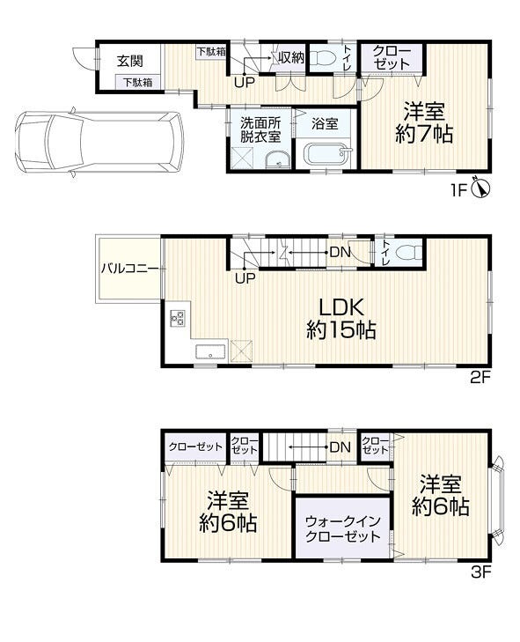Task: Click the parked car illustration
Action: click(x=99, y=142)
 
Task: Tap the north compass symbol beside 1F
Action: click(x=480, y=188)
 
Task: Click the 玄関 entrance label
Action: click(x=130, y=62)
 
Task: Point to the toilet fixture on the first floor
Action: click(x=322, y=58)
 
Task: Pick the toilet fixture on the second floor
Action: click(x=409, y=252)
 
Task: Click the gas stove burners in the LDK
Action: click(x=178, y=318)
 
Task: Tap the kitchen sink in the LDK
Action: click(x=210, y=351)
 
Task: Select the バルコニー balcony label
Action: click(x=130, y=269)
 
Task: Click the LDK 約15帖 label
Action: click(x=341, y=319)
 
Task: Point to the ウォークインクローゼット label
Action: click(x=343, y=528)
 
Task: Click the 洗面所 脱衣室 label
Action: click(x=260, y=129)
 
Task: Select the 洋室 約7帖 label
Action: click(x=424, y=122)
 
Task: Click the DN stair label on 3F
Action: click(x=341, y=447)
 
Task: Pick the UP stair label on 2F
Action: click(x=245, y=278)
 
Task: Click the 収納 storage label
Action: click(x=291, y=58)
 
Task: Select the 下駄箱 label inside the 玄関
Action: click(x=138, y=82)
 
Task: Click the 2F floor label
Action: click(x=480, y=377)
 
